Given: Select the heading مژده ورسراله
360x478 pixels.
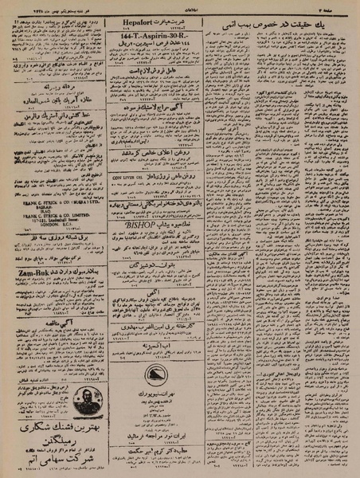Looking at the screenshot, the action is pyautogui.click(x=48, y=86).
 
